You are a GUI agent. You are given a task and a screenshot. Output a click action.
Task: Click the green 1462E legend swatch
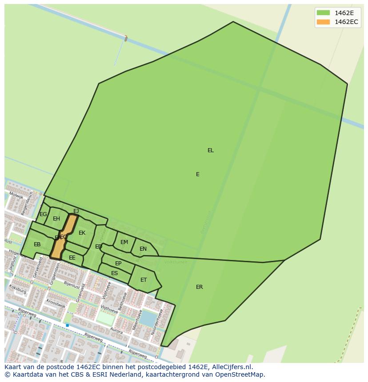pyautogui.click(x=323, y=12)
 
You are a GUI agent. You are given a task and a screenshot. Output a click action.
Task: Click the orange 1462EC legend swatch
pyautogui.click(x=323, y=22)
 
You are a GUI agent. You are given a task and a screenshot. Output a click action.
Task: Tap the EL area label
pyautogui.click(x=211, y=150)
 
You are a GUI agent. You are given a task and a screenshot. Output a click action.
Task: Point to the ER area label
pyautogui.click(x=200, y=287)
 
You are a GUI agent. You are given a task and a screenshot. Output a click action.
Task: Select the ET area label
pyautogui.click(x=144, y=280)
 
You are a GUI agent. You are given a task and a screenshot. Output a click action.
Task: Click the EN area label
pyautogui.click(x=143, y=249)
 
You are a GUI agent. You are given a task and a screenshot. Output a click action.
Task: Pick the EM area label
pyautogui.click(x=124, y=242)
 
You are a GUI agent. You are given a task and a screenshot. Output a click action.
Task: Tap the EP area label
pyautogui.click(x=118, y=264)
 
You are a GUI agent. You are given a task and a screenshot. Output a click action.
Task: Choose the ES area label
pyautogui.click(x=115, y=273)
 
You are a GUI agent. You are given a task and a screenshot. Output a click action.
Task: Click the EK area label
pyautogui.click(x=82, y=233)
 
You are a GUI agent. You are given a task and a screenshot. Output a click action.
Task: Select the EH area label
pyautogui.click(x=56, y=219)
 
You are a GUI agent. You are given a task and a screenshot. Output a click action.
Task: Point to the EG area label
pyautogui.click(x=43, y=214)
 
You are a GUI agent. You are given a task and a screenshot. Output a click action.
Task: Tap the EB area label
pyautogui.click(x=37, y=244)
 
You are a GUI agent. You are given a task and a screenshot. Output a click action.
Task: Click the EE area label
pyautogui.click(x=72, y=258)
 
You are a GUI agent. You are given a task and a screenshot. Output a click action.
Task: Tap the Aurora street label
pyautogui.click(x=116, y=331)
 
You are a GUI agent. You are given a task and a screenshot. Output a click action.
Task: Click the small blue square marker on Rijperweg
pyautogui.click(x=68, y=325)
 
